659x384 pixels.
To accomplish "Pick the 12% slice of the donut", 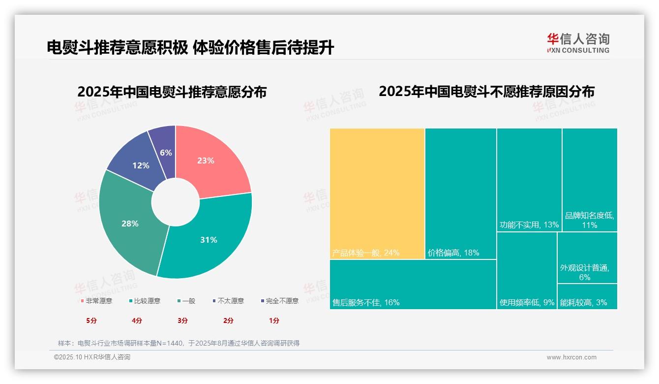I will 140,165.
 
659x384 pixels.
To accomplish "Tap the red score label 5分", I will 91,320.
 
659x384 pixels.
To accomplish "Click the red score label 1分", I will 274,320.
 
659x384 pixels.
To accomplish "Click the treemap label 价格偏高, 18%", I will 453,253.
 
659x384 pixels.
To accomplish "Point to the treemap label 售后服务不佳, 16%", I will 366,302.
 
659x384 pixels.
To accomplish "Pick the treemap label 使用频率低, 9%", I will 527,302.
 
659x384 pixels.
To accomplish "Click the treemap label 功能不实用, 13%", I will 529,225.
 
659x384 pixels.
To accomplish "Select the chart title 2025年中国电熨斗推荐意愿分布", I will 172,92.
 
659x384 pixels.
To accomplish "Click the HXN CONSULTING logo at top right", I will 578,43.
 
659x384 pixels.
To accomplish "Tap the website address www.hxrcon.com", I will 571,357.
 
